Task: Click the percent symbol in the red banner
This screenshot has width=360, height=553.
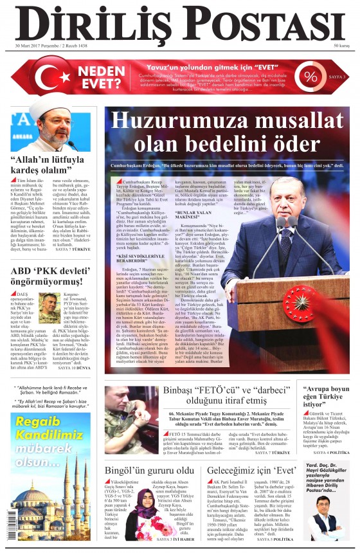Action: pyautogui.click(x=311, y=77)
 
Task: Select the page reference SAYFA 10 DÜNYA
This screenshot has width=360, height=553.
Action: pyautogui.click(x=76, y=368)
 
